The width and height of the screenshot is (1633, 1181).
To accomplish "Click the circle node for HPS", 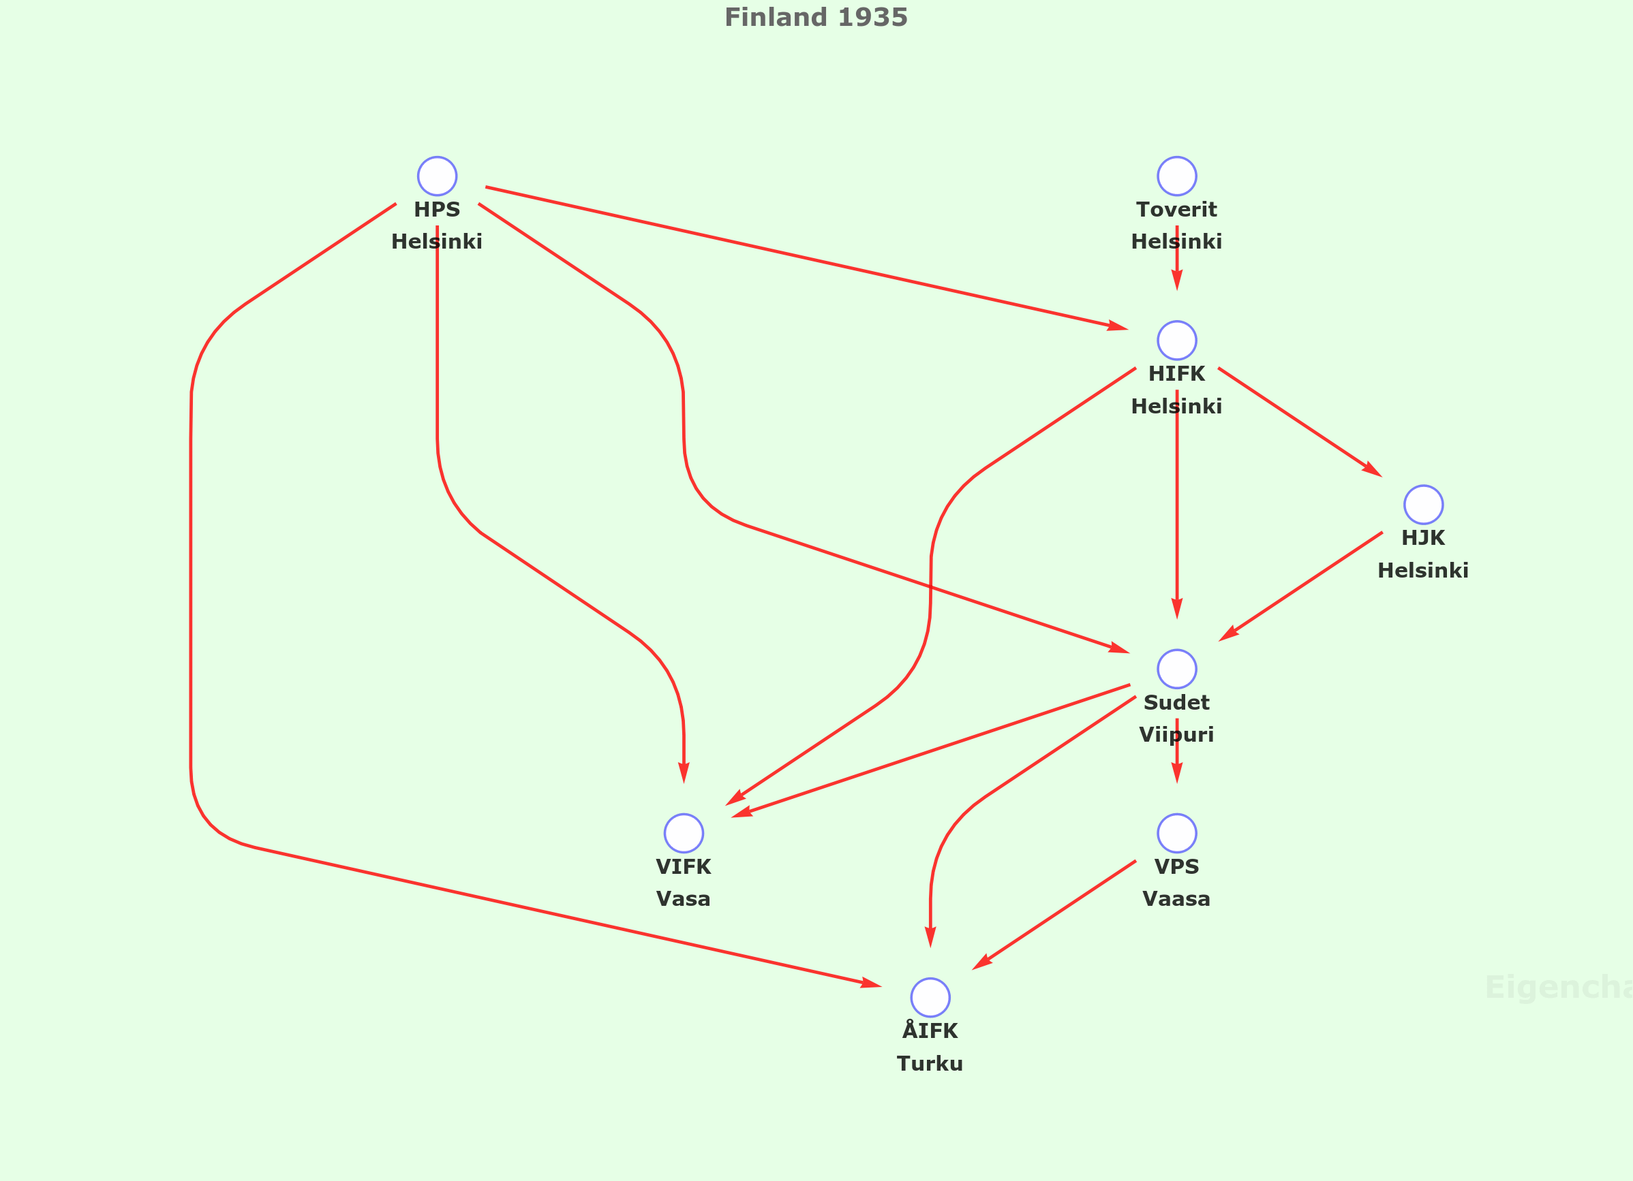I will [437, 176].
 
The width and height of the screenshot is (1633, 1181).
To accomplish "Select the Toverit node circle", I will [1177, 176].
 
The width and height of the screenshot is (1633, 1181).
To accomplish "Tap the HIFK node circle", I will [1177, 341].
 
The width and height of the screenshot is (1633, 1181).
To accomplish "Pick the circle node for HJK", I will [1424, 505].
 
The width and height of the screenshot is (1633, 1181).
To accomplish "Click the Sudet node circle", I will [1177, 669].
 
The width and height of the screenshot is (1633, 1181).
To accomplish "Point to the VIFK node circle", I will [684, 834].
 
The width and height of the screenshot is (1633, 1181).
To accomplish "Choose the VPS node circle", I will [1177, 834].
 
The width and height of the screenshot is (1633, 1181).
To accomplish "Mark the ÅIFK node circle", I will [930, 998].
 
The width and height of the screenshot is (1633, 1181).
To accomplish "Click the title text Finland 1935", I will [816, 17].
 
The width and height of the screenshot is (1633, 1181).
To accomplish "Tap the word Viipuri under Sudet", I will [1176, 735].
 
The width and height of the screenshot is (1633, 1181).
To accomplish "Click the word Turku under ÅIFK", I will [930, 1064].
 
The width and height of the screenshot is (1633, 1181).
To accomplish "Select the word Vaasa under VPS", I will [1176, 899].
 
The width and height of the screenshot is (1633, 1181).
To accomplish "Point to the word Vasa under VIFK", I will [684, 899].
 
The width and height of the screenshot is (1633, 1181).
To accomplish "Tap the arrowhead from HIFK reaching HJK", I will [1373, 470].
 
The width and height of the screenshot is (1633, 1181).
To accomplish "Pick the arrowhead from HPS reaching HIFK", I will [1118, 327].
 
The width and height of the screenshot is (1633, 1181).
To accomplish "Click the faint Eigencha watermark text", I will [1558, 988].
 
